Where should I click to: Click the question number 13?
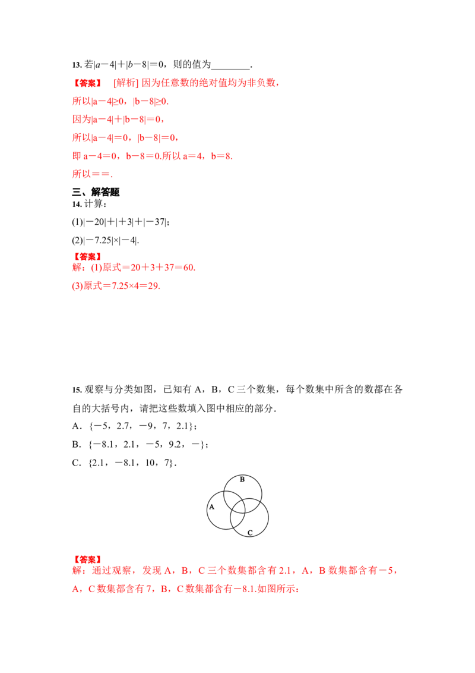[77, 65]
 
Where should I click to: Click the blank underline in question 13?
[230, 68]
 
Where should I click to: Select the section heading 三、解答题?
[96, 192]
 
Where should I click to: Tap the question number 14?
[77, 205]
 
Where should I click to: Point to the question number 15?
[77, 390]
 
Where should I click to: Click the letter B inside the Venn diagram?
[242, 479]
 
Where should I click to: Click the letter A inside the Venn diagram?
[211, 507]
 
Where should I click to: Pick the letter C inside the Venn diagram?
[250, 533]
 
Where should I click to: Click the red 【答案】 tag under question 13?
[87, 83]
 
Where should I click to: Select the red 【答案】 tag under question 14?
[87, 257]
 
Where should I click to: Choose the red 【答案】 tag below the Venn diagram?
[87, 559]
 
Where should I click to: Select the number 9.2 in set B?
[175, 444]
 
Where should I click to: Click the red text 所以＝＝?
[92, 174]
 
